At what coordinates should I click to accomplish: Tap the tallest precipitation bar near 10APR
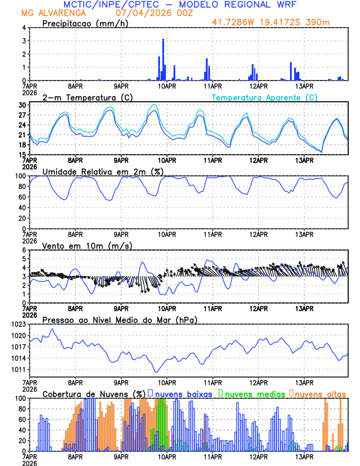(163, 59)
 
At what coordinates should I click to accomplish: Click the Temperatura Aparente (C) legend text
(265, 97)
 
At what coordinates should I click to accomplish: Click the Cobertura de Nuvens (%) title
(94, 393)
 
